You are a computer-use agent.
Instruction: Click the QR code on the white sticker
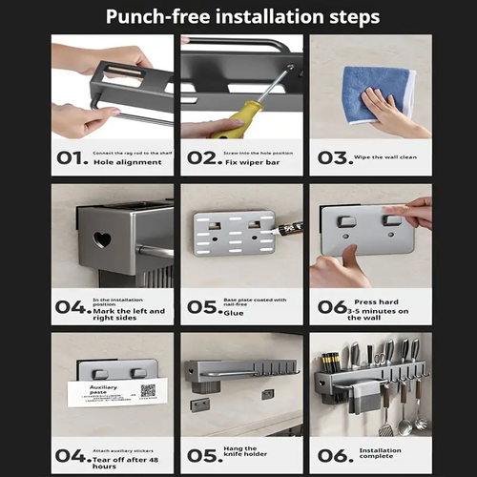tap(148, 390)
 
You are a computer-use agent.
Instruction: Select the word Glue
tap(236, 312)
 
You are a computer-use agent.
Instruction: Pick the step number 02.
tap(201, 158)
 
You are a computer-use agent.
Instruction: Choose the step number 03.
tap(333, 158)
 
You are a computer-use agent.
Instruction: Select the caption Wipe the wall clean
tap(390, 158)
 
